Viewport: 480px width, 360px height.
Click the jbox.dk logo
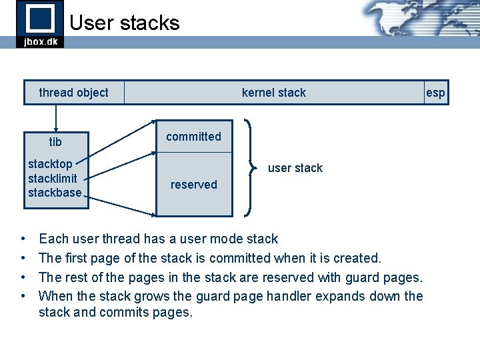(x=39, y=24)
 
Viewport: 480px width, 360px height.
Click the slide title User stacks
(x=125, y=23)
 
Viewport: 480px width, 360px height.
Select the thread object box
(x=73, y=93)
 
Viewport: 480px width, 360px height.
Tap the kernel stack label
(x=273, y=93)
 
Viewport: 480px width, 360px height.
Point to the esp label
(x=435, y=93)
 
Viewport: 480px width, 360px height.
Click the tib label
(x=55, y=142)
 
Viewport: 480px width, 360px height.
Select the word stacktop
(x=50, y=164)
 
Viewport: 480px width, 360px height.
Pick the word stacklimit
(x=53, y=179)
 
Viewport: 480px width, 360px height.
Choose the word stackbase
(x=55, y=193)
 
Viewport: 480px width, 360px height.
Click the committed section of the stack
(x=193, y=137)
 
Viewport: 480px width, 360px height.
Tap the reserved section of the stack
(x=193, y=185)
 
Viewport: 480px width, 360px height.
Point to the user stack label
(x=295, y=168)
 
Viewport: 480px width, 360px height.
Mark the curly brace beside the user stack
(x=251, y=168)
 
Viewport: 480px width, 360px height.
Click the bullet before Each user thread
(x=23, y=239)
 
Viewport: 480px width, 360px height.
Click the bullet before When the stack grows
(x=23, y=296)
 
